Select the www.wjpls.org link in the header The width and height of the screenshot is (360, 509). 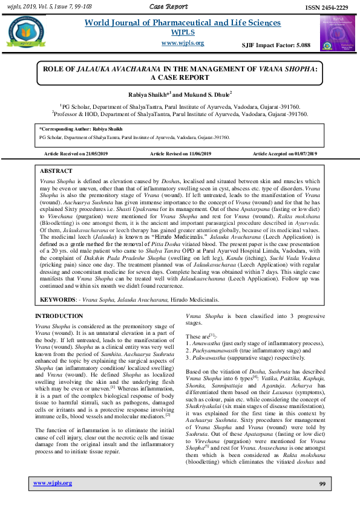pyautogui.click(x=183, y=43)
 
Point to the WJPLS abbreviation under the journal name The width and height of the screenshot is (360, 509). pyautogui.click(x=183, y=32)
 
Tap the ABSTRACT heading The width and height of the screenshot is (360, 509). pyautogui.click(x=56, y=172)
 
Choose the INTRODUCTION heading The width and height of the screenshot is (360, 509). pyautogui.click(x=59, y=316)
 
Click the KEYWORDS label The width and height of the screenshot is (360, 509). pyautogui.click(x=59, y=299)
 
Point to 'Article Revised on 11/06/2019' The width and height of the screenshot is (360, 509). pyautogui.click(x=180, y=154)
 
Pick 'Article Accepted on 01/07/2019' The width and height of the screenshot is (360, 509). pyautogui.click(x=285, y=154)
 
